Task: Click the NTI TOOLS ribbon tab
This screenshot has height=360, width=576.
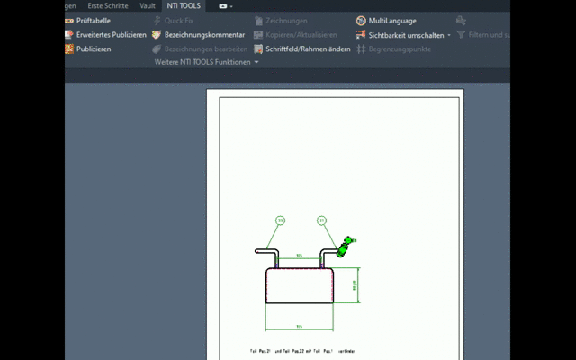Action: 184,5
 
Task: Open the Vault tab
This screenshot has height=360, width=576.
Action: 147,5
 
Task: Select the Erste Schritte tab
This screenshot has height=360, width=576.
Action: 107,5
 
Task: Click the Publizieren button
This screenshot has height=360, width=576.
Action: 94,49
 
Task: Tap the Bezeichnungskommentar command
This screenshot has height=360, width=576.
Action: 204,34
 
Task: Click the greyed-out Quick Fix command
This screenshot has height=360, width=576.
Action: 178,20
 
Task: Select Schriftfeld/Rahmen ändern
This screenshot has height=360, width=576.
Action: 308,49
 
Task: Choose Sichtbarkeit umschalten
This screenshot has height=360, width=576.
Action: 406,34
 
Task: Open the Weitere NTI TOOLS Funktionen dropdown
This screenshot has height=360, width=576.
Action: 206,62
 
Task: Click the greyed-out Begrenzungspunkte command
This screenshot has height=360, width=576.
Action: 400,49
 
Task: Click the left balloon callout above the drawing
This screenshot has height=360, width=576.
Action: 280,220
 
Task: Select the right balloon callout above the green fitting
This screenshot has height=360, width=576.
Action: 322,220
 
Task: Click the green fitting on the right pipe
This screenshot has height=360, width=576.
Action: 346,244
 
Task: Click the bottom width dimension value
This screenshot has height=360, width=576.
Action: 299,326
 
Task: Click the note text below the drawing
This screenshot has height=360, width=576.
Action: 303,350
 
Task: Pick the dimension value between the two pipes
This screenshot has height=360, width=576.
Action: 299,255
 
